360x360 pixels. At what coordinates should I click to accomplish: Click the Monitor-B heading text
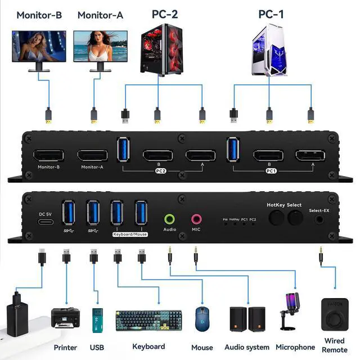pos(39,15)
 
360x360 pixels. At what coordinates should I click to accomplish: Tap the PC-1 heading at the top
pos(271,14)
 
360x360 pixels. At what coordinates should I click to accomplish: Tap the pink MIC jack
pos(196,219)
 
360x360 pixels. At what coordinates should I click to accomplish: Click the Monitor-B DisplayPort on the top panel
pos(48,156)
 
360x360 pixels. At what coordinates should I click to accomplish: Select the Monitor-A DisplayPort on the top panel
pos(93,156)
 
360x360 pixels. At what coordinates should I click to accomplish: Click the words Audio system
pos(247,347)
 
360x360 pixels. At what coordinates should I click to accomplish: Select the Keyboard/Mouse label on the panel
pos(130,233)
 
